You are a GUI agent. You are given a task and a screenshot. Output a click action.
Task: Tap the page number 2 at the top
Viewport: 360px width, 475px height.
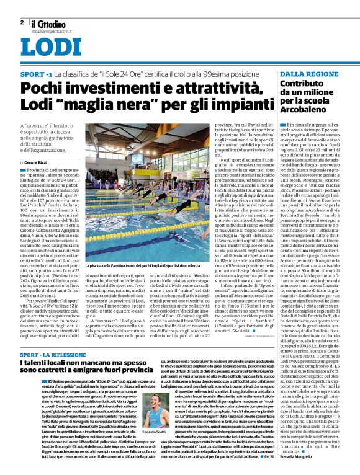point(22,21)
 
